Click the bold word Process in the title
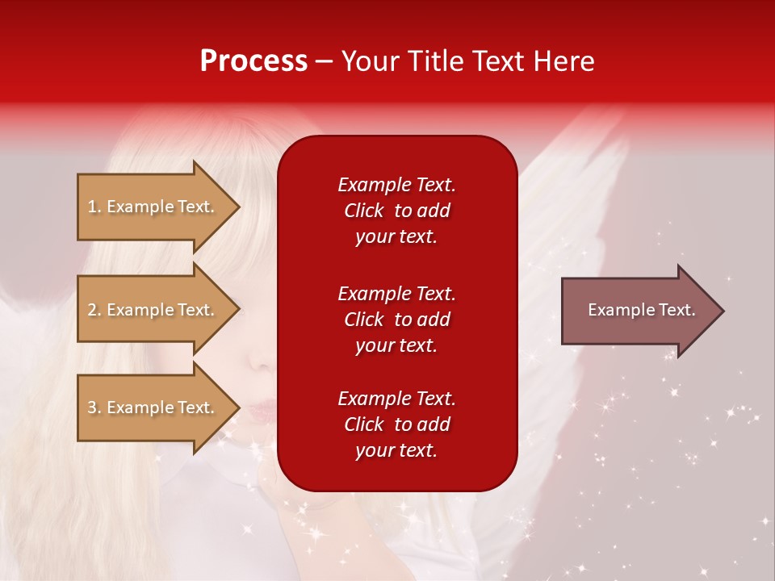click(253, 61)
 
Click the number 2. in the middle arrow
click(94, 310)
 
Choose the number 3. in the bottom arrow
click(94, 408)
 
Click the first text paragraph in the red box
click(396, 211)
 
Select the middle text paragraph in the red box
click(396, 320)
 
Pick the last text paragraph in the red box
click(396, 424)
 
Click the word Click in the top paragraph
click(363, 211)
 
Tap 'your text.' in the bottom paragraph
click(396, 450)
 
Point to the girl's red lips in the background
click(260, 410)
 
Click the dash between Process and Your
click(324, 62)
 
